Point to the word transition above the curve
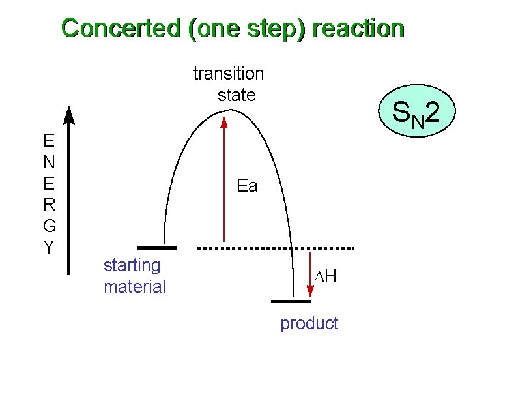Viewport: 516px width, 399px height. pos(229,74)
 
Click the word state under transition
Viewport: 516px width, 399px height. pos(236,95)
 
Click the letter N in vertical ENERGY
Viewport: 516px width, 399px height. pos(49,161)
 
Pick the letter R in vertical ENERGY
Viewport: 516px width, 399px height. pos(49,205)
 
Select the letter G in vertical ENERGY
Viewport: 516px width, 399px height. pos(49,226)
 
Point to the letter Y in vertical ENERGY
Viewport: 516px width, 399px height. pos(49,248)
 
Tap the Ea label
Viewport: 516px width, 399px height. pos(247,186)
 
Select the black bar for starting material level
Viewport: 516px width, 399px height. pos(157,248)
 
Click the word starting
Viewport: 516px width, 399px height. pos(132,266)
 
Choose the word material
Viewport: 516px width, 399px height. pos(135,286)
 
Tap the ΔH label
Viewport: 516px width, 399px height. pos(324,277)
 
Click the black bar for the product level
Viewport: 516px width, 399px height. pos(291,302)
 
